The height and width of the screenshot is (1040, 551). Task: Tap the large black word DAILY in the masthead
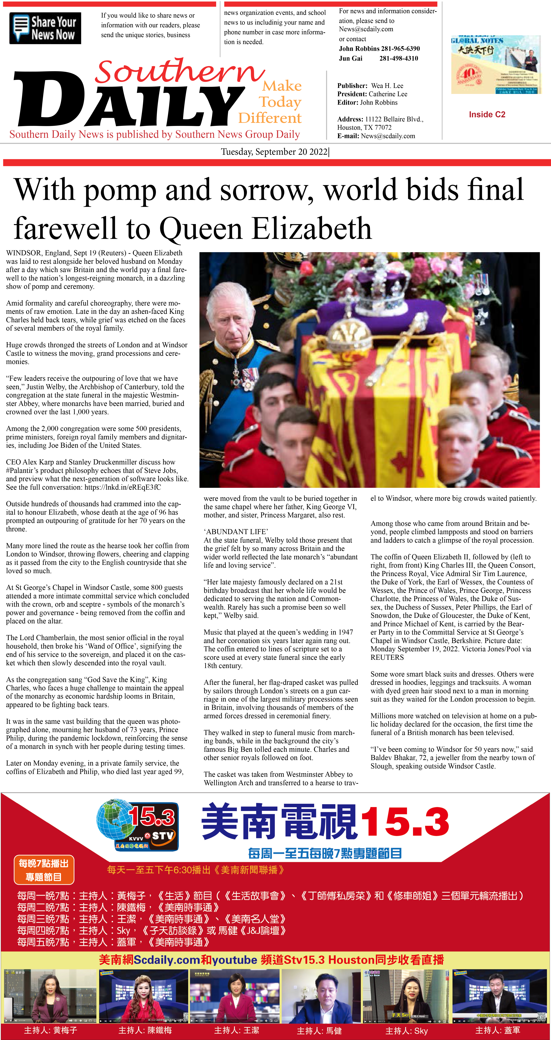tap(129, 101)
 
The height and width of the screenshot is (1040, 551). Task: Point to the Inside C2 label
tap(487, 114)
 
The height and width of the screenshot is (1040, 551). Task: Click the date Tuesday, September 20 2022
tap(274, 152)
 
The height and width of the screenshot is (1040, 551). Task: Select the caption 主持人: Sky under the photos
tap(406, 1031)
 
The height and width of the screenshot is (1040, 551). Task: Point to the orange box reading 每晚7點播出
tap(44, 870)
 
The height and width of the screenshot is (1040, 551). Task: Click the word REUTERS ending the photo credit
tap(387, 657)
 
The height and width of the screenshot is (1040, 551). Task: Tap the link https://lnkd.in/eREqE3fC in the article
tap(122, 487)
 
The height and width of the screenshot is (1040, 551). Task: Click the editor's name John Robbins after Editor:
tap(379, 103)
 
